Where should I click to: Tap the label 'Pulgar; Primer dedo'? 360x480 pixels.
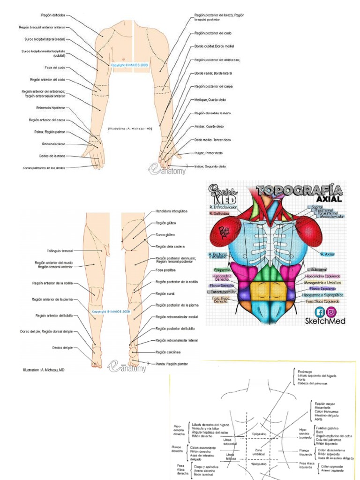[209, 153]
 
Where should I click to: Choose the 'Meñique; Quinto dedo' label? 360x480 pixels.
[210, 100]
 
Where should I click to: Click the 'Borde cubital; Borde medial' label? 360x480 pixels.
[214, 46]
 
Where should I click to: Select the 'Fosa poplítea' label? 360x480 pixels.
[165, 270]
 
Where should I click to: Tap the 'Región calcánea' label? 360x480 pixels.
[168, 352]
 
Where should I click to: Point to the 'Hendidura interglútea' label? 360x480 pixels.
[172, 212]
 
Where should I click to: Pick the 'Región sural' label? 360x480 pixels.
[165, 293]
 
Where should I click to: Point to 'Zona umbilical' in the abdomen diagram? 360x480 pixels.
[259, 452]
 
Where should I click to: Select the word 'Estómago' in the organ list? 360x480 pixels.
[306, 371]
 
